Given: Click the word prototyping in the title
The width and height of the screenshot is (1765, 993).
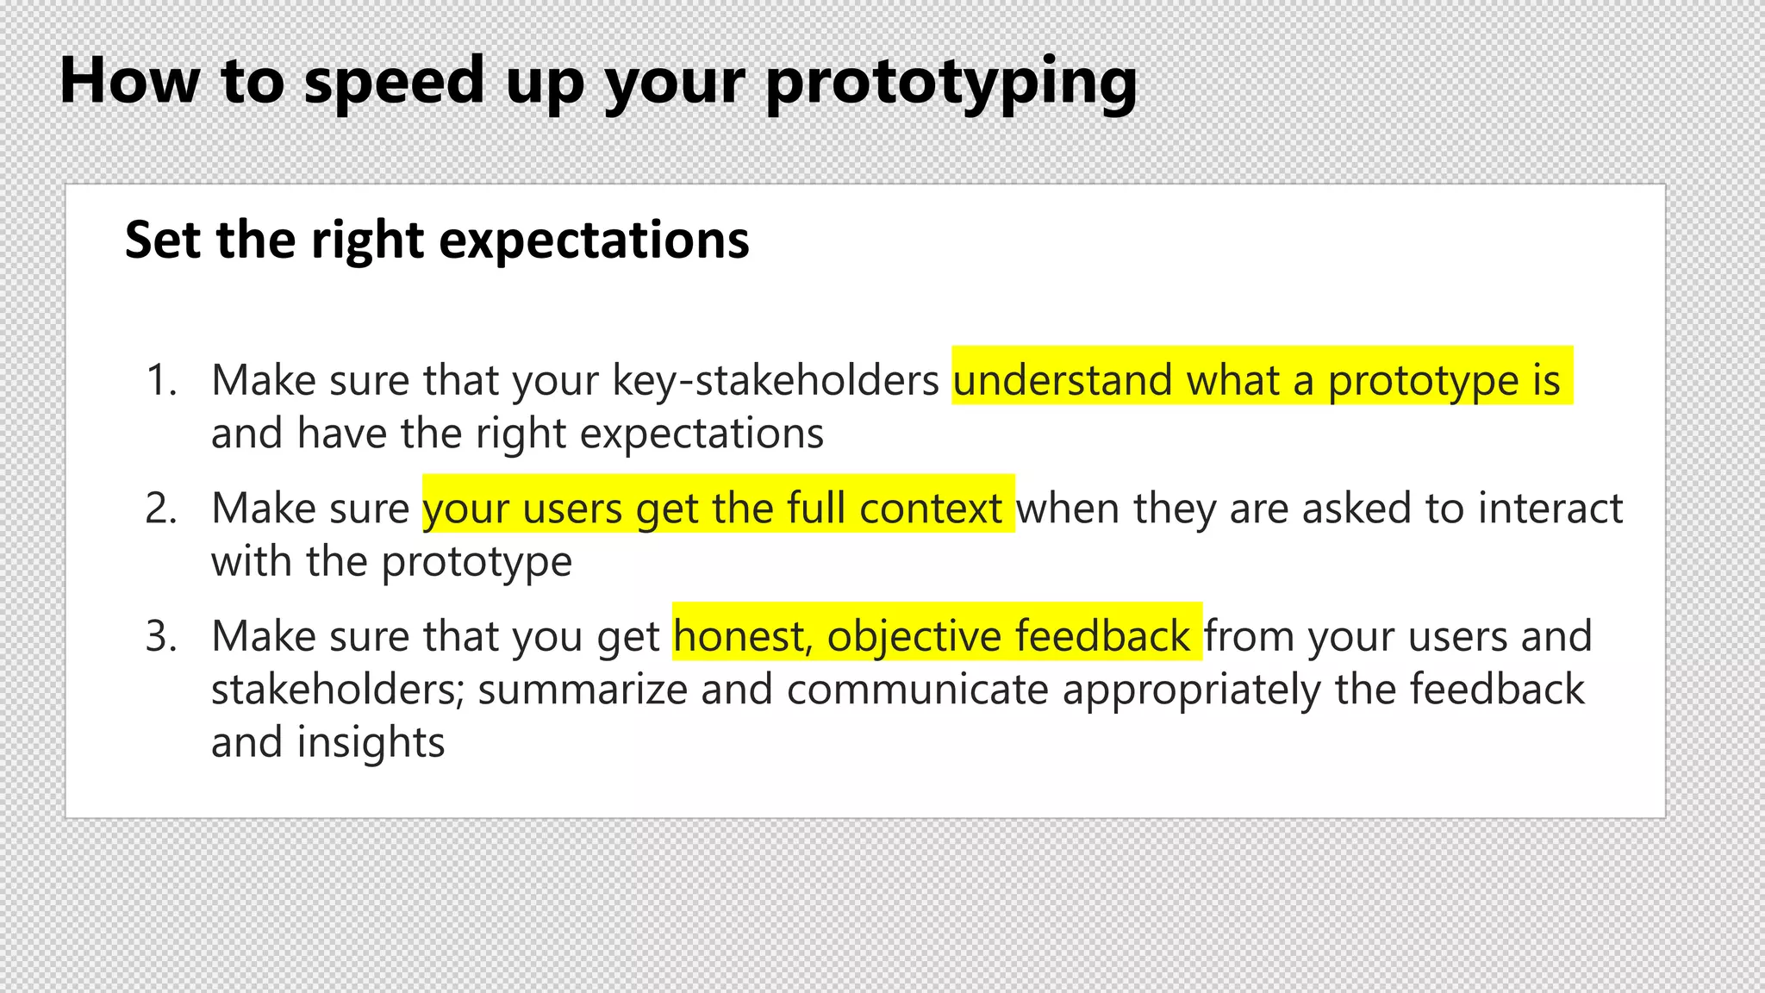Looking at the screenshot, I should [x=951, y=83].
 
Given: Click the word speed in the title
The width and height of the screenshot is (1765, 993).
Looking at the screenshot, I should [x=395, y=83].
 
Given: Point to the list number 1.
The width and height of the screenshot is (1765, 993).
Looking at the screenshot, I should [x=160, y=380].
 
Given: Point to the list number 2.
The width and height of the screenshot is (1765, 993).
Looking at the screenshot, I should [x=160, y=508].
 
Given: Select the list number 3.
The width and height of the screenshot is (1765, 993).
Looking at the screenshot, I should [x=160, y=636].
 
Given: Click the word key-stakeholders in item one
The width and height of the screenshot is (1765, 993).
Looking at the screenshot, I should [x=775, y=380].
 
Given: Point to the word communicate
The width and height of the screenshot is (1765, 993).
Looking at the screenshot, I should [x=917, y=690].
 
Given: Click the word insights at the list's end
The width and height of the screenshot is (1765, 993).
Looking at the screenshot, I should [x=371, y=743].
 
